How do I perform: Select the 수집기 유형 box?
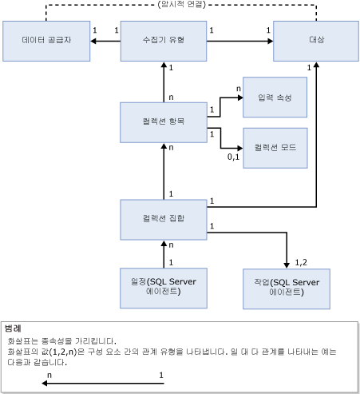163,39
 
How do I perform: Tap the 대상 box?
317,39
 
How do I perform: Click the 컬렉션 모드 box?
275,148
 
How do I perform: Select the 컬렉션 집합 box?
163,219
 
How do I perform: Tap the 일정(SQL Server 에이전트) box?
163,287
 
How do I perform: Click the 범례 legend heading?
14,328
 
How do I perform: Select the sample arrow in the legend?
104,382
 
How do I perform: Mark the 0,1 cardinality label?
233,157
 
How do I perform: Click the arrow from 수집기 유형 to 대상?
239,39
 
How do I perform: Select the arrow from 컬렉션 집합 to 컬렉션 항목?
163,169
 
